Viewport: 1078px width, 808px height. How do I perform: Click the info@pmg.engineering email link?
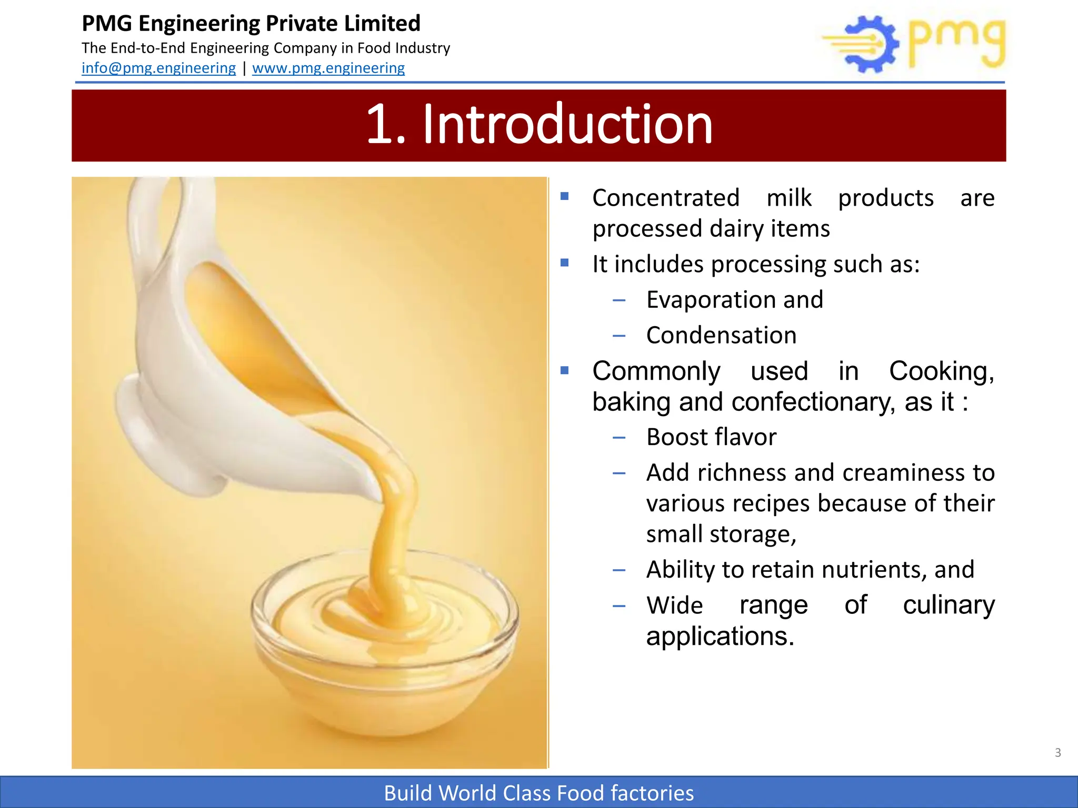click(x=158, y=68)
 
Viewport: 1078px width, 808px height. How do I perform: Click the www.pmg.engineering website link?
click(x=328, y=68)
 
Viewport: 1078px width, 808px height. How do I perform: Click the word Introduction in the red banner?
click(x=567, y=125)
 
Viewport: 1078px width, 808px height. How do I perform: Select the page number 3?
click(x=1057, y=753)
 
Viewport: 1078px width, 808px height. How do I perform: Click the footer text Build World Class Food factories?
click(x=538, y=793)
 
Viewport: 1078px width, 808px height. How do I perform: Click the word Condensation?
click(x=721, y=336)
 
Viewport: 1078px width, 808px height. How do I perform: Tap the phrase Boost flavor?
click(x=711, y=437)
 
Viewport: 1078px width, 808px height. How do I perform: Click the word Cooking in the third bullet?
click(x=941, y=371)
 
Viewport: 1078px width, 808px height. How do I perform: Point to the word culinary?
click(x=949, y=605)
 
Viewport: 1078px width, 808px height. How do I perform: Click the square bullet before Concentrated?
click(x=565, y=197)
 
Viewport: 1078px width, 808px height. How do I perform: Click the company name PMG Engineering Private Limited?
click(x=251, y=24)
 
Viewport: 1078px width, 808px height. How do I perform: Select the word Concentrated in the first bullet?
click(x=666, y=198)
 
